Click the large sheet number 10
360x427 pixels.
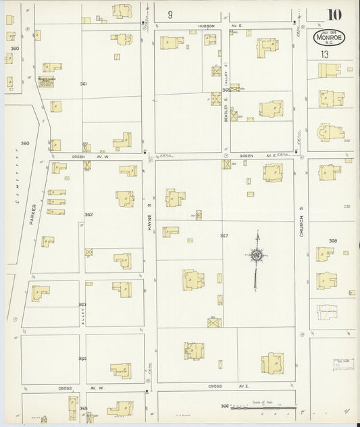coord(334,15)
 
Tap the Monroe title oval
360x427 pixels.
coord(329,39)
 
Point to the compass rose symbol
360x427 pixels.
coord(257,255)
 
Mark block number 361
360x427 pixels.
coord(83,84)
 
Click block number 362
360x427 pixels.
coord(88,215)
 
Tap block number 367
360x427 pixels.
coord(224,236)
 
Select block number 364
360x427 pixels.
coord(82,359)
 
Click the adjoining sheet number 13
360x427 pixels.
coord(325,53)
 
